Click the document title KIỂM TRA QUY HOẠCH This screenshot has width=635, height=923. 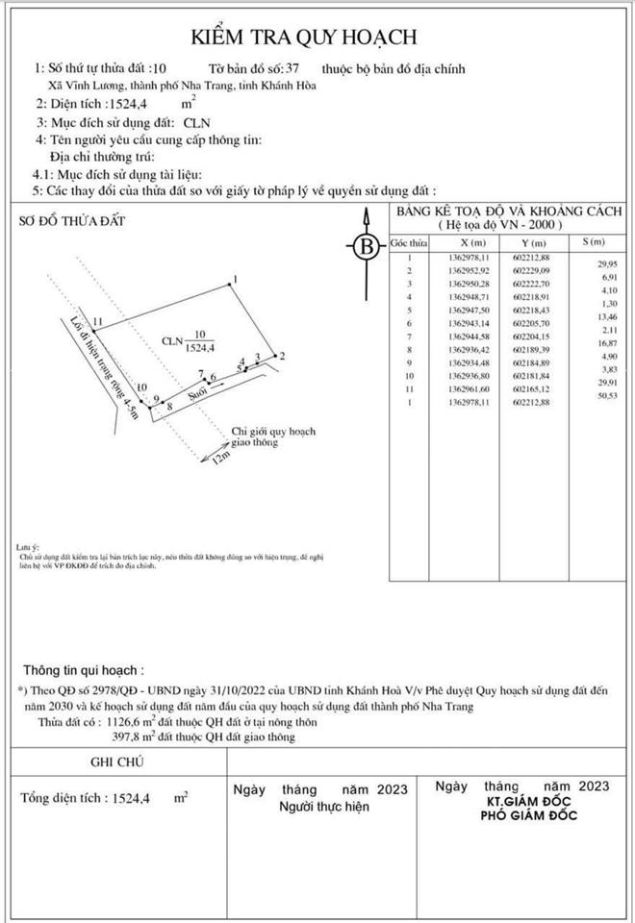(x=317, y=37)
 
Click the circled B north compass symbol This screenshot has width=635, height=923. (x=366, y=247)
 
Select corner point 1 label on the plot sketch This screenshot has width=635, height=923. (x=235, y=280)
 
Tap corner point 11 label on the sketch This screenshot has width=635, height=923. (x=98, y=321)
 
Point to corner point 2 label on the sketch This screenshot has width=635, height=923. (x=281, y=357)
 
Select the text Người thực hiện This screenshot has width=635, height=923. (x=323, y=807)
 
